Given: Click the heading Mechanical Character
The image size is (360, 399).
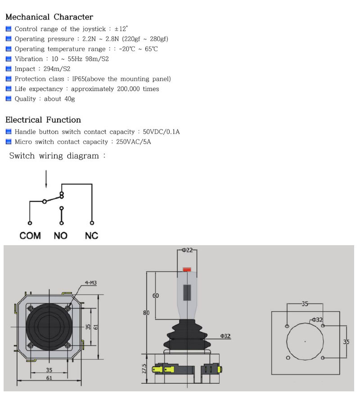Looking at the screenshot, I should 49,17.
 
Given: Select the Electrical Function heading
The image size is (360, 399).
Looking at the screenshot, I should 43,120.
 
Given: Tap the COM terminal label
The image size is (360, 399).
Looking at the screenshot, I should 30,235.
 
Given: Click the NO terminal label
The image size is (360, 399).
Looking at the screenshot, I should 61,235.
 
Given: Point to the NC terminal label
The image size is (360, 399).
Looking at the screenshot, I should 91,235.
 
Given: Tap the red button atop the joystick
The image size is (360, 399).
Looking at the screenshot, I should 187,270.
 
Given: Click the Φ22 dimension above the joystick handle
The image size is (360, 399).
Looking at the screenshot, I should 187,250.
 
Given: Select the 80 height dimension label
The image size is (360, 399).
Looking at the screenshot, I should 146,312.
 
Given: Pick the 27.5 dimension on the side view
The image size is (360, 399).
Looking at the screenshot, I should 144,368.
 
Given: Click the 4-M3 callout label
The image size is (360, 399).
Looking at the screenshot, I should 91,282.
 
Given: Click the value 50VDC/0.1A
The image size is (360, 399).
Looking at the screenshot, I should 161,132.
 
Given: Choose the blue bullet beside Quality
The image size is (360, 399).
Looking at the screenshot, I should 9,99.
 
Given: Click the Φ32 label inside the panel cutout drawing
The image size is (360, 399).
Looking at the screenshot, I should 317,320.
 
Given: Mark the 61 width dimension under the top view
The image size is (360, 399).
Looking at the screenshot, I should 49,378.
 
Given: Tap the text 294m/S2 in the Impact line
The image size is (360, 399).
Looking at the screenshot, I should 57,69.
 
